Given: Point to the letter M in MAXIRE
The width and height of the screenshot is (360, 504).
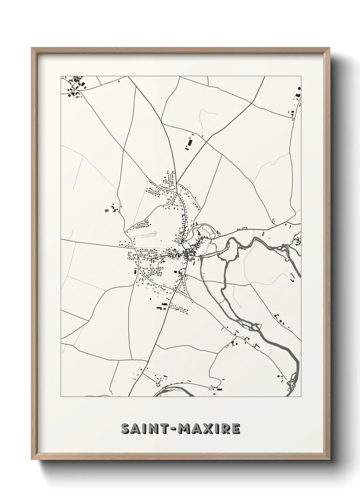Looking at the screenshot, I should tap(186, 429).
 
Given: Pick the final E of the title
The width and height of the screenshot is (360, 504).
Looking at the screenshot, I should tap(235, 429).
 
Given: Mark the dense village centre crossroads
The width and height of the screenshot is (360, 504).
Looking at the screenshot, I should tap(186, 254).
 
